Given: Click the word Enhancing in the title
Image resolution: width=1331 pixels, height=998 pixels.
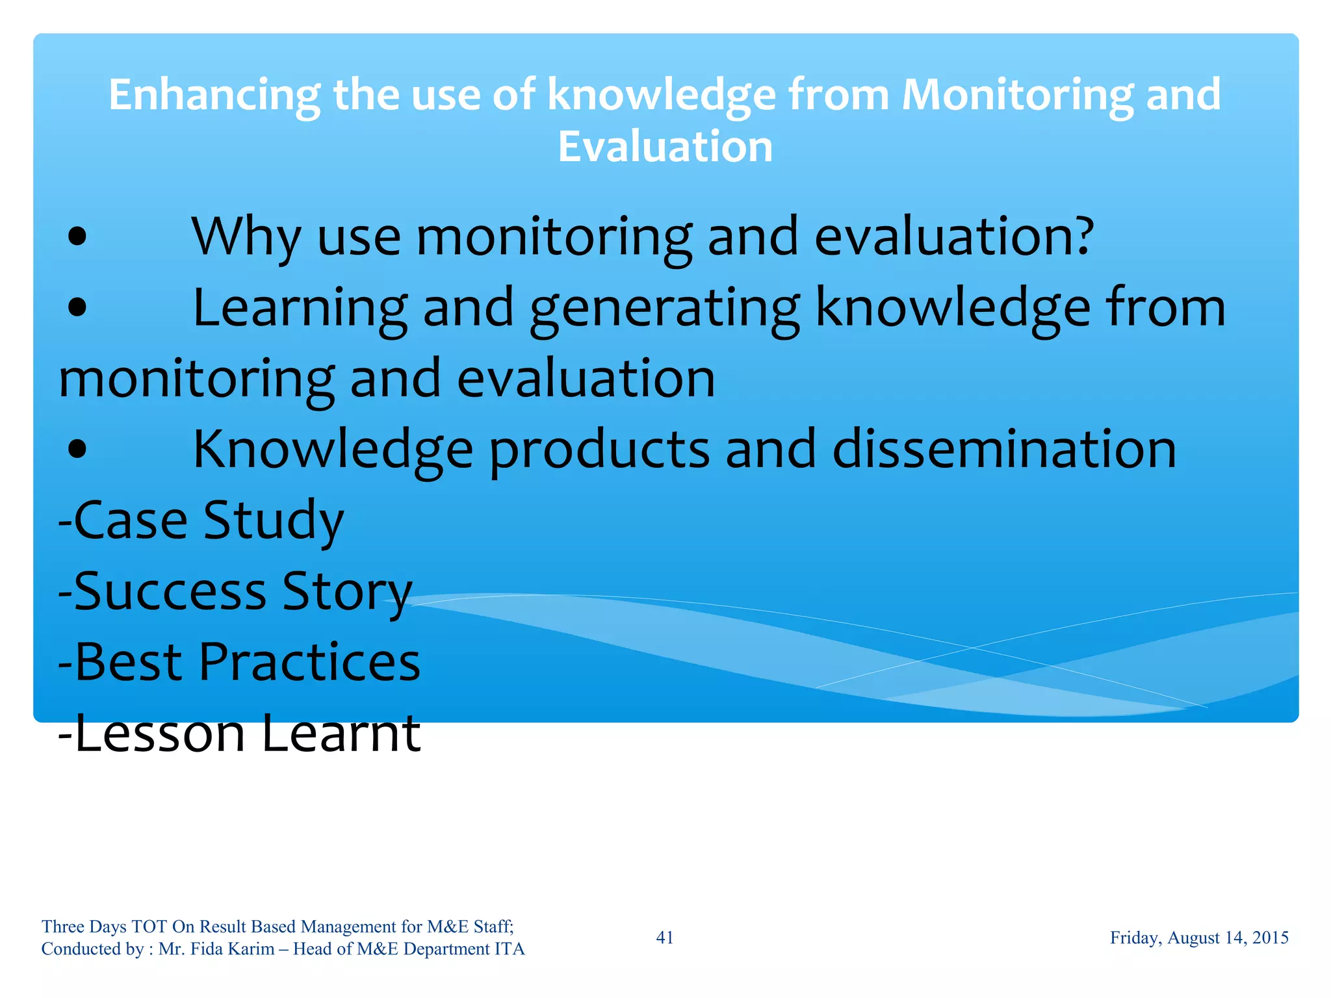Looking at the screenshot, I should pos(214,96).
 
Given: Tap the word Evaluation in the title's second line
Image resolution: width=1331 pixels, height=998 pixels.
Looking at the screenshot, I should pos(665,147).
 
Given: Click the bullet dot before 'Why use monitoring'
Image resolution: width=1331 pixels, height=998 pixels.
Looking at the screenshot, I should pos(77,237).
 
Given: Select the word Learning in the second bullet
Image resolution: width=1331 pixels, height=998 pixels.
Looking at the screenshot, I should pos(300,308).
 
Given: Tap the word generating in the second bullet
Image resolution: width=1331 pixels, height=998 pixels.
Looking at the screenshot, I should pos(664,308).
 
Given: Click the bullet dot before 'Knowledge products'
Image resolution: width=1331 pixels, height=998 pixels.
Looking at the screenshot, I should pos(77,448).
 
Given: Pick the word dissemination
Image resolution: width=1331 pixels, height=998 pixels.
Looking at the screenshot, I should pos(1004,448).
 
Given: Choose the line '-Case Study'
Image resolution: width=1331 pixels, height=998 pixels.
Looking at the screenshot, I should pos(201,520).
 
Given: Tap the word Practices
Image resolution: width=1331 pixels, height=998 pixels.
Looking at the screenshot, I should pos(309,662).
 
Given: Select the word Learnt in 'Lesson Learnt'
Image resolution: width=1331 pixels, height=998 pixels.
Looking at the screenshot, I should pos(341,733).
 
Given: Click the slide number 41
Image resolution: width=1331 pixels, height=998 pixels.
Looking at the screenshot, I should pos(664,938).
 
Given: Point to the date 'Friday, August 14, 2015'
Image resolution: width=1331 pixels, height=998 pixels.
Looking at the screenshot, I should pos(1198,938).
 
